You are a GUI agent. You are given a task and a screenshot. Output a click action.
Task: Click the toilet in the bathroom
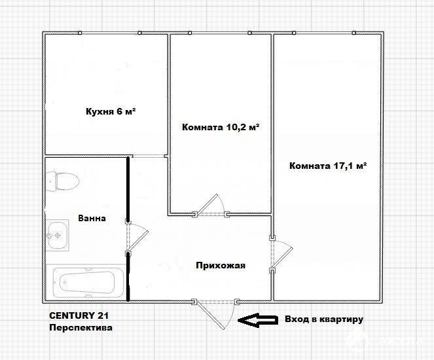pyautogui.click(x=62, y=181)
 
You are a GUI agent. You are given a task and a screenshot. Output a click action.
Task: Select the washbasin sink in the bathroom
pyautogui.click(x=58, y=235)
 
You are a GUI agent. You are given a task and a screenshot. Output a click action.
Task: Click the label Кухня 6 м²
pyautogui.click(x=111, y=111)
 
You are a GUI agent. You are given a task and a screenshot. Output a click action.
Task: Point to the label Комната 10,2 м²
pyautogui.click(x=221, y=127)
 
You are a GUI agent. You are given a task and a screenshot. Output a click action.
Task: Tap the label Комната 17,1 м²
pyautogui.click(x=328, y=166)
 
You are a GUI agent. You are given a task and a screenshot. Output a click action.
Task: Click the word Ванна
pyautogui.click(x=92, y=218)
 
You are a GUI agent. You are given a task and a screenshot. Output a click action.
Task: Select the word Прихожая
pyautogui.click(x=221, y=265)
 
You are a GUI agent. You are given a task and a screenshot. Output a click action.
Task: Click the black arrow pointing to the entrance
pyautogui.click(x=258, y=320)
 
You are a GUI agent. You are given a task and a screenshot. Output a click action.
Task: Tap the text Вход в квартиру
pyautogui.click(x=324, y=319)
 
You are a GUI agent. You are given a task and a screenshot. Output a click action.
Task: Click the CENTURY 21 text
pyautogui.click(x=79, y=315)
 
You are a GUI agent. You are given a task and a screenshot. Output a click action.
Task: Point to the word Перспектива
pyautogui.click(x=81, y=328)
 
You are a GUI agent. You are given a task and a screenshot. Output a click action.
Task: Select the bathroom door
pyautogui.click(x=137, y=236)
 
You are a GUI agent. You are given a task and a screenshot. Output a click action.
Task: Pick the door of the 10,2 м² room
pyautogui.click(x=211, y=206)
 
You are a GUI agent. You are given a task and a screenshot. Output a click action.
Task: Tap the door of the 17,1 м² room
pyautogui.click(x=281, y=254)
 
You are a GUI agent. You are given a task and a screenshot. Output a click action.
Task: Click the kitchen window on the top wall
pyautogui.click(x=109, y=33)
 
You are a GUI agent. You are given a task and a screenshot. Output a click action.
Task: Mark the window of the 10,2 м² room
pyautogui.click(x=219, y=33)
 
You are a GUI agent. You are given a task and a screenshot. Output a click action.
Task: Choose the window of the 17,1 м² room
pyautogui.click(x=324, y=33)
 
